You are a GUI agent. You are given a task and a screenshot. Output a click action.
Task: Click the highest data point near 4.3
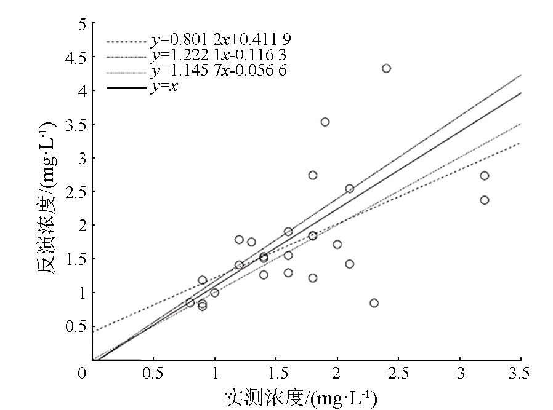pos(386,68)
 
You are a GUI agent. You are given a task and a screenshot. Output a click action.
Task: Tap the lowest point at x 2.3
pos(374,303)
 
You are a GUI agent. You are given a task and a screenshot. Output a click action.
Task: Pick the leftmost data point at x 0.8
pos(190,302)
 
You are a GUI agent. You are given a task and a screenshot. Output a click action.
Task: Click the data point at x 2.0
pos(337,244)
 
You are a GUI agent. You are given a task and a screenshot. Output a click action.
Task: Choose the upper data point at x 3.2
pos(484,176)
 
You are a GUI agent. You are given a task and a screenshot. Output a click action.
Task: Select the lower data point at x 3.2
pos(484,200)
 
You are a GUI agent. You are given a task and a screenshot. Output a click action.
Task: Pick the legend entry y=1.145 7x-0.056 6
pos(219,71)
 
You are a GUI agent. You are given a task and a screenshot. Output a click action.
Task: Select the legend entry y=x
pos(164,87)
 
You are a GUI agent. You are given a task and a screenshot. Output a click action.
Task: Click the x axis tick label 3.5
pos(520,374)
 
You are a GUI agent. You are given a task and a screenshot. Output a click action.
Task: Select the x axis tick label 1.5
pos(275,374)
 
